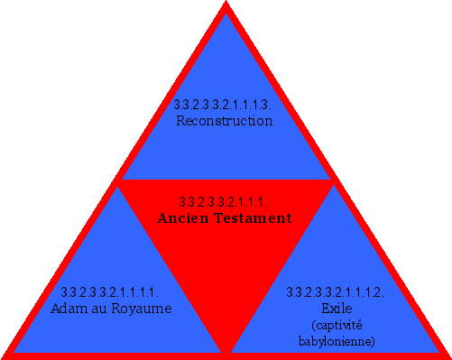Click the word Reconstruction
[x=225, y=120]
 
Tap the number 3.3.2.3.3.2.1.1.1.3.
[x=225, y=105]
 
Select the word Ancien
[x=186, y=218]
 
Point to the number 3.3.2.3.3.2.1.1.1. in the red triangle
[x=225, y=201]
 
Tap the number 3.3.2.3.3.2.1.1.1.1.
[x=110, y=292]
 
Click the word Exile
[x=336, y=308]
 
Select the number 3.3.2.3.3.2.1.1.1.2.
[x=336, y=292]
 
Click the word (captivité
[x=336, y=325]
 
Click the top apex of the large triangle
[x=226, y=4]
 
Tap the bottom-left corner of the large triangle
[x=5, y=355]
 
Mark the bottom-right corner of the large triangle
[x=447, y=355]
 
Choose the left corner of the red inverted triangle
[x=121, y=182]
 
